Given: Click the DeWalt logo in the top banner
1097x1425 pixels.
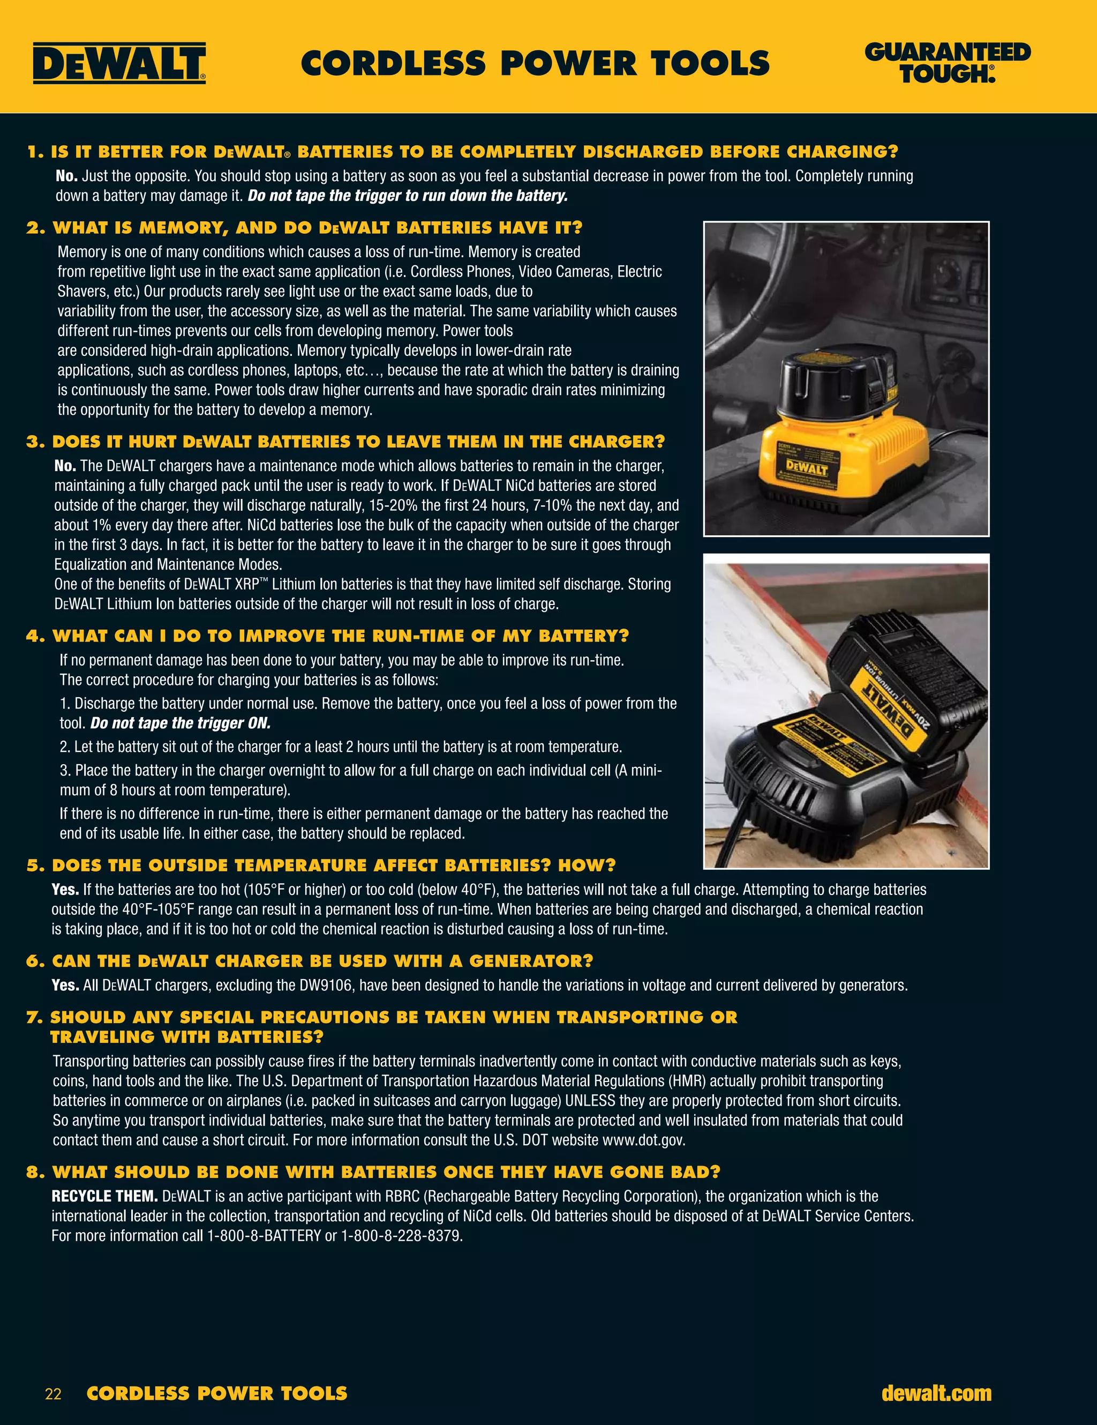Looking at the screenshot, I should [119, 63].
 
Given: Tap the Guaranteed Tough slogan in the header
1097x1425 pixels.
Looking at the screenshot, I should [947, 63].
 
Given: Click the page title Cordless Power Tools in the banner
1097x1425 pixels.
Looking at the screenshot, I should [535, 63].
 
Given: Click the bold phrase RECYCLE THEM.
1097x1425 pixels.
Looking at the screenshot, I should [104, 1197].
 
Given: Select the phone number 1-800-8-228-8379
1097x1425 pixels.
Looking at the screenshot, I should [401, 1236].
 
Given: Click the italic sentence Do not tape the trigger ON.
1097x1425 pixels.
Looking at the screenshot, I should [180, 723].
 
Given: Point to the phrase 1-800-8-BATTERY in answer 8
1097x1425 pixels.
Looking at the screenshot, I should [264, 1236].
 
